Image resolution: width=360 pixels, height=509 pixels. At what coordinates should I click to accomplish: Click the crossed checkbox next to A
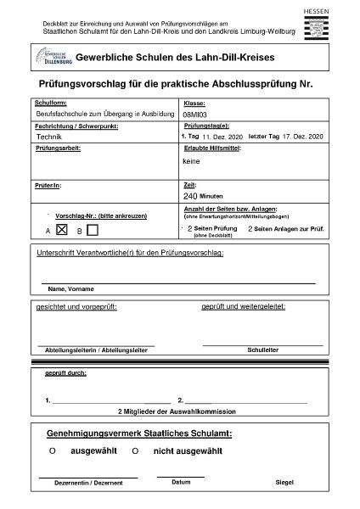(x=61, y=228)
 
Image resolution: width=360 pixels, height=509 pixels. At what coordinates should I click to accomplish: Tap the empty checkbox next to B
(x=93, y=229)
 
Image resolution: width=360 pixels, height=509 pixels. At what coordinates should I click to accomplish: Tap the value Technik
(x=49, y=136)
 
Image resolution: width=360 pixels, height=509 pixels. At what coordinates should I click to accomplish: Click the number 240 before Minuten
(x=190, y=195)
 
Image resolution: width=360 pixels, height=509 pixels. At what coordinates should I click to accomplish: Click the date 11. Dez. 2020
(x=222, y=136)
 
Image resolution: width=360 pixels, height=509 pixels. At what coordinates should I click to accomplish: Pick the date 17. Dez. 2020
(x=304, y=136)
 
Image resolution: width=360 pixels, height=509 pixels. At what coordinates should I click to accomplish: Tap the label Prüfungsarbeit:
(x=58, y=148)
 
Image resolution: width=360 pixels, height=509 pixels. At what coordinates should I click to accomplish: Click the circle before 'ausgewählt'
(x=52, y=451)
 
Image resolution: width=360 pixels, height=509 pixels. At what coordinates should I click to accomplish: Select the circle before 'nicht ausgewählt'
(x=134, y=451)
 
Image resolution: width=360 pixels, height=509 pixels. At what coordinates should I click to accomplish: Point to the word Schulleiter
(x=262, y=348)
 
